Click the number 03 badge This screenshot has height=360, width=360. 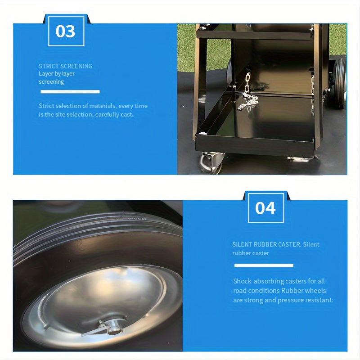(x=66, y=31)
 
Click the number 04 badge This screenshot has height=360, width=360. (x=266, y=208)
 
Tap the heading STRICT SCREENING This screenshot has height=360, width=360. (x=66, y=66)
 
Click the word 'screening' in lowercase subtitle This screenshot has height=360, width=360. (x=51, y=82)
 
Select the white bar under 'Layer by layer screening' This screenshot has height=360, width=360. (x=70, y=92)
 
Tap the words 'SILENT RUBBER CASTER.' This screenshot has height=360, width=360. (x=267, y=244)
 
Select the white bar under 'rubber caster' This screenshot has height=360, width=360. (x=264, y=265)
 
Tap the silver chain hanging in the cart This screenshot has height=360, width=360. (x=247, y=92)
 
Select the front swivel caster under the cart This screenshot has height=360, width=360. (x=211, y=162)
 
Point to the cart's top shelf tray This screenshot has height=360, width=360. (x=254, y=35)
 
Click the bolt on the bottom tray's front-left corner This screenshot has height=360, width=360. (x=202, y=133)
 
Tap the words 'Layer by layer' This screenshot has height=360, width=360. (x=57, y=74)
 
